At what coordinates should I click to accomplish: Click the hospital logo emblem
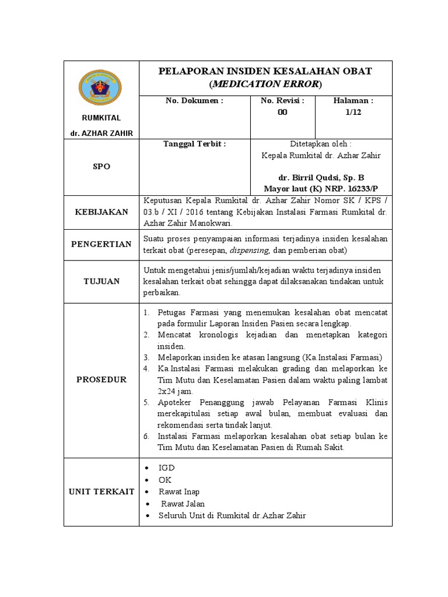(101, 88)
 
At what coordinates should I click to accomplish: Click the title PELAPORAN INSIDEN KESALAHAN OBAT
(265, 71)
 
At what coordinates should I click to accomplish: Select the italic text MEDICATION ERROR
(265, 84)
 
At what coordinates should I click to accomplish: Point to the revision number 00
(282, 113)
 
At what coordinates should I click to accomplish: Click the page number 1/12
(353, 113)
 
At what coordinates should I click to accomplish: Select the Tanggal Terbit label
(194, 144)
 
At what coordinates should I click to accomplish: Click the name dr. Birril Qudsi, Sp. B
(321, 177)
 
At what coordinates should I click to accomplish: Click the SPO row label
(101, 167)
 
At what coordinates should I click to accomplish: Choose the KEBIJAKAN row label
(101, 212)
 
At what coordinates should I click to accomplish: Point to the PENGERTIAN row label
(101, 244)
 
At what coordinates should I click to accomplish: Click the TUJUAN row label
(101, 282)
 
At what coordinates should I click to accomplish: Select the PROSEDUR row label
(101, 380)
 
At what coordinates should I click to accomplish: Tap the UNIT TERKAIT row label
(101, 491)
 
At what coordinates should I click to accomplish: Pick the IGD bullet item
(167, 468)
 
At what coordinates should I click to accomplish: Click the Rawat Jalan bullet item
(183, 504)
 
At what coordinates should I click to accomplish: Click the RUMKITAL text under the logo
(101, 118)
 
